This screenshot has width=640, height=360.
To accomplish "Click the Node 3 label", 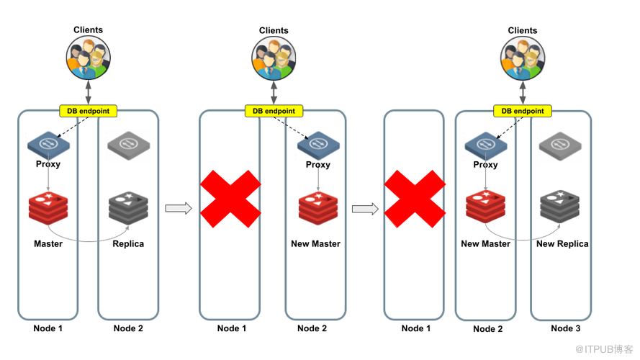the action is coord(565,328).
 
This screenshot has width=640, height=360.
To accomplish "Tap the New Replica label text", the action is coord(562,243).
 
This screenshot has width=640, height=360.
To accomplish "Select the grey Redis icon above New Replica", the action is coord(559,207).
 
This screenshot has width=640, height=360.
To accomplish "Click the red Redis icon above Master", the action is coord(48,207).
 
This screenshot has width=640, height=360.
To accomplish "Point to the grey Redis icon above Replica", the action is coord(128,207).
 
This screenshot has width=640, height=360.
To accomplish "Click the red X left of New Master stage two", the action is coord(230,199).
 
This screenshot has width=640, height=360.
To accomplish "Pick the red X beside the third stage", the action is coord(415,199).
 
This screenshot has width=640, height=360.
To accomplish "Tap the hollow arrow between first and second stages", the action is coord(179,208).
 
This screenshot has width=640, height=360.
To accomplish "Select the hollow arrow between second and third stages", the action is coord(365,209).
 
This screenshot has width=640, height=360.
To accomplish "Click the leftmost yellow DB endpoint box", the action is coord(88,111).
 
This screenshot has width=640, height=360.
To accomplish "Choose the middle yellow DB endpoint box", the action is coord(274,111).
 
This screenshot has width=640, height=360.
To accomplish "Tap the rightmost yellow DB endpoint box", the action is coord(523,111).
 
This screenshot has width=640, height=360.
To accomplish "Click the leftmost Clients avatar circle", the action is coord(88,58).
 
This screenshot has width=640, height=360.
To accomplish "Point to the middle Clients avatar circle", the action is coord(274,58).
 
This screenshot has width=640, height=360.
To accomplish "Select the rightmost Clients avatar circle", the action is coord(523,58).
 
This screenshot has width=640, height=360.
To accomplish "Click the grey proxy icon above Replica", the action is coord(129,145).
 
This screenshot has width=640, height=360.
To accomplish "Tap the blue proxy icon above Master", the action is coord(48,145).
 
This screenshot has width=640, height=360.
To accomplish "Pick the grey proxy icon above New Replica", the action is coord(560,146).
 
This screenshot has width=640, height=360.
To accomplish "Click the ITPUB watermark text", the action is coord(604,349).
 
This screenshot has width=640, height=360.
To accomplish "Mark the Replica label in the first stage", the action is coord(128,243).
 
